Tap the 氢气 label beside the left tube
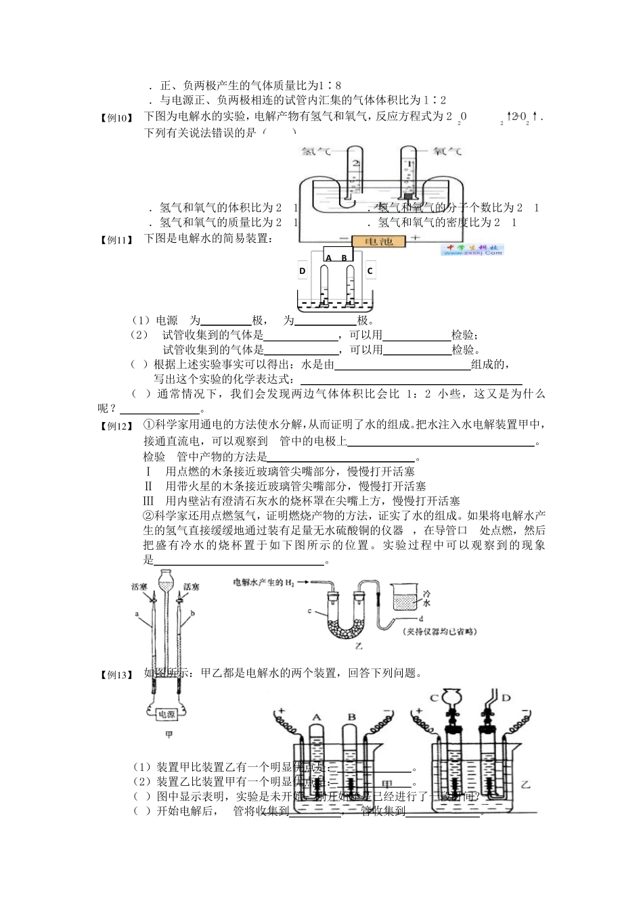click(316, 153)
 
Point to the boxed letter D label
click(303, 271)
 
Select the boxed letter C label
click(370, 271)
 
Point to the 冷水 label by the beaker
click(426, 597)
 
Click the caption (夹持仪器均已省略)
click(439, 632)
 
